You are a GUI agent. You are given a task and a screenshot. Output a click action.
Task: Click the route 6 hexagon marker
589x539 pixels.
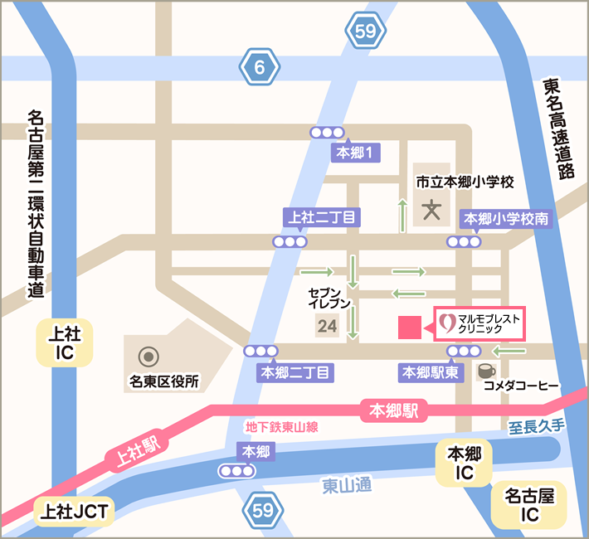pos(260,69)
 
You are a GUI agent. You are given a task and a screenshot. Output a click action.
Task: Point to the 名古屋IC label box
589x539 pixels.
pos(528,505)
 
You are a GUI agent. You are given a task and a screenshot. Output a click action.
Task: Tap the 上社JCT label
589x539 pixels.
pos(74,512)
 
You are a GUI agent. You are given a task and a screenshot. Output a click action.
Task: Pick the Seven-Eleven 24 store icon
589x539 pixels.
pos(327,325)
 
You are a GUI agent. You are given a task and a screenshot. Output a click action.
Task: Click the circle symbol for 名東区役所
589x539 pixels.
pos(149,357)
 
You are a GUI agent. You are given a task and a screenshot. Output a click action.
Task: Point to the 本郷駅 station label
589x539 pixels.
pos(394,410)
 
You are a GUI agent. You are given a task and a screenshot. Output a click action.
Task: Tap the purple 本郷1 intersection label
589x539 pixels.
pos(357,152)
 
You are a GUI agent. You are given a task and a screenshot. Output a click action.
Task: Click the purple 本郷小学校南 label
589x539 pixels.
pos(506,219)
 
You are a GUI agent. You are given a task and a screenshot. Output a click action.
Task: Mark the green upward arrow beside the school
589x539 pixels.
pos(402,215)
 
